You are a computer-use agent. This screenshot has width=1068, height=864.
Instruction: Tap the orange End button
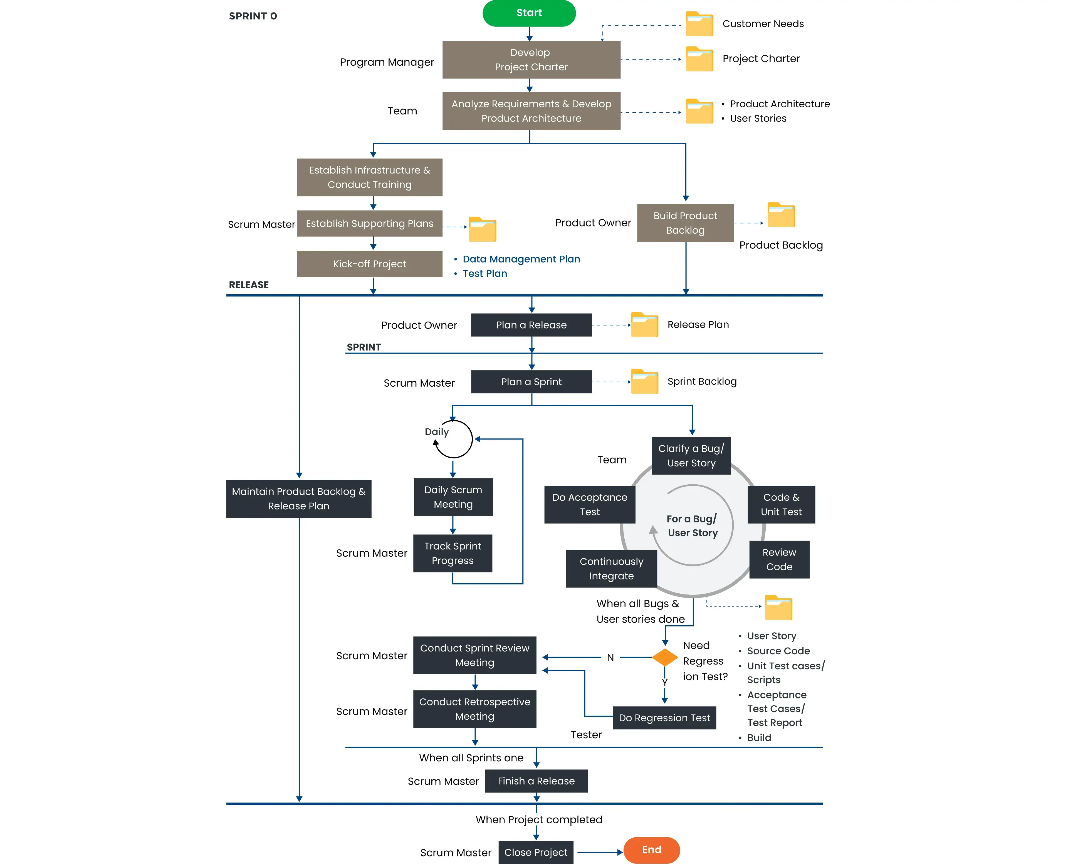(651, 850)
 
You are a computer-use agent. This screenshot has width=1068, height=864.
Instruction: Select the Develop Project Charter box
(531, 60)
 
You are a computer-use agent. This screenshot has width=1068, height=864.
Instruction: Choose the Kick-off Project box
(369, 264)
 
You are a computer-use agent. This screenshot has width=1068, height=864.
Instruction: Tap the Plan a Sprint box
(531, 382)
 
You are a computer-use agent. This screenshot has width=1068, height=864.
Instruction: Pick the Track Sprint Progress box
(453, 554)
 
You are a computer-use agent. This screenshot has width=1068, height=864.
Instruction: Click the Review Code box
(779, 559)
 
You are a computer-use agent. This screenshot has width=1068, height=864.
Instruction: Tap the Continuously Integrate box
(611, 568)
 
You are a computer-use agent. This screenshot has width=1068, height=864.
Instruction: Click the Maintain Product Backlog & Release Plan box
(299, 499)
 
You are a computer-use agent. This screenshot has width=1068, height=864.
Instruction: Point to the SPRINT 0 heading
(253, 16)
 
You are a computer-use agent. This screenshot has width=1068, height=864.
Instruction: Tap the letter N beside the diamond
(610, 657)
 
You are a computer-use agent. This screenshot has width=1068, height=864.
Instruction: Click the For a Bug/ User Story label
(692, 525)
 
